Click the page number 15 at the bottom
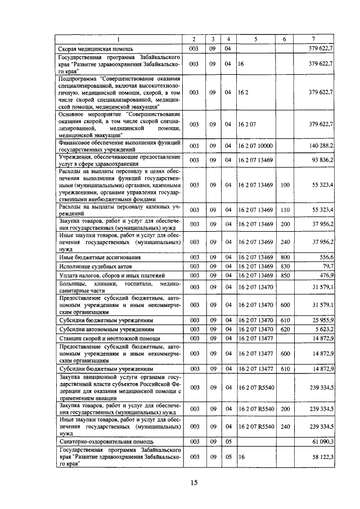[194, 482]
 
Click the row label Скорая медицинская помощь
[93, 49]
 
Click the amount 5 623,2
[323, 329]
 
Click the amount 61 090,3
[322, 443]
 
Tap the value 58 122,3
[322, 458]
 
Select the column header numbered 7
[313, 39]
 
